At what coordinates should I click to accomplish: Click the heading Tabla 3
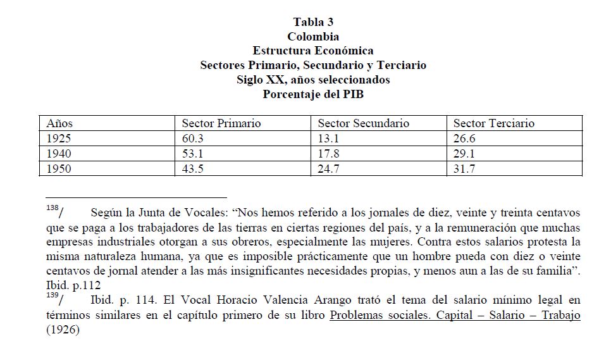pyautogui.click(x=312, y=22)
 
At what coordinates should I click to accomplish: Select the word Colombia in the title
pyautogui.click(x=312, y=37)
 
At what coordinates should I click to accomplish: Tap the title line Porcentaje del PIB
pyautogui.click(x=312, y=94)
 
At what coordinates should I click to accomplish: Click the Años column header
pyautogui.click(x=60, y=123)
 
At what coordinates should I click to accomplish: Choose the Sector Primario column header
pyautogui.click(x=221, y=123)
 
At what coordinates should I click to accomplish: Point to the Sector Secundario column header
pyautogui.click(x=363, y=123)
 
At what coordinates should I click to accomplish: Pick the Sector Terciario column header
pyautogui.click(x=494, y=123)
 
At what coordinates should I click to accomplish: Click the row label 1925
pyautogui.click(x=59, y=139)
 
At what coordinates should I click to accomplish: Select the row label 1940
pyautogui.click(x=59, y=154)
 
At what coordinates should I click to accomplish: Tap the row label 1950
pyautogui.click(x=59, y=169)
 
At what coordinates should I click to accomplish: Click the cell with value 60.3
pyautogui.click(x=192, y=139)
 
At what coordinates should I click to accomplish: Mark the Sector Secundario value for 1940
pyautogui.click(x=328, y=154)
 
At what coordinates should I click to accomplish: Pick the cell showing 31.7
pyautogui.click(x=464, y=169)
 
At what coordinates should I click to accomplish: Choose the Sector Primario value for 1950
pyautogui.click(x=192, y=169)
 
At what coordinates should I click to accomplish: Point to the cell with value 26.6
pyautogui.click(x=464, y=139)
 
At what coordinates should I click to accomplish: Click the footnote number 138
pyautogui.click(x=54, y=209)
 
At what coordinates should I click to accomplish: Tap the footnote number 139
pyautogui.click(x=54, y=295)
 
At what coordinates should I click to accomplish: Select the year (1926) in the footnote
pyautogui.click(x=63, y=330)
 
